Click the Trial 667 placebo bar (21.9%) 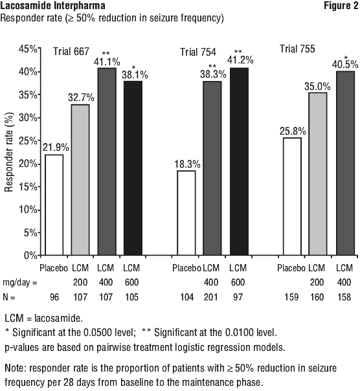[x=54, y=205]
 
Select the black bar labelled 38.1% [x=133, y=168]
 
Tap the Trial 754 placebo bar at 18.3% [x=186, y=213]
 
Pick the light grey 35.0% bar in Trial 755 [x=317, y=173]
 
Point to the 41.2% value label [x=240, y=60]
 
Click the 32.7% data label [x=81, y=98]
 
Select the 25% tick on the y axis [x=39, y=140]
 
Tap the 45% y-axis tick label [x=28, y=49]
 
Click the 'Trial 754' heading [x=198, y=52]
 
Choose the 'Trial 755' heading [x=297, y=49]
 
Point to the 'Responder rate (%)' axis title [x=9, y=152]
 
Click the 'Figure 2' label [x=341, y=5]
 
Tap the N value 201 [x=211, y=297]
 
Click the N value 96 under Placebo [x=54, y=297]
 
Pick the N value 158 [x=344, y=297]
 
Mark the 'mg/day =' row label [x=20, y=283]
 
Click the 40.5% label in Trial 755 [x=345, y=65]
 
